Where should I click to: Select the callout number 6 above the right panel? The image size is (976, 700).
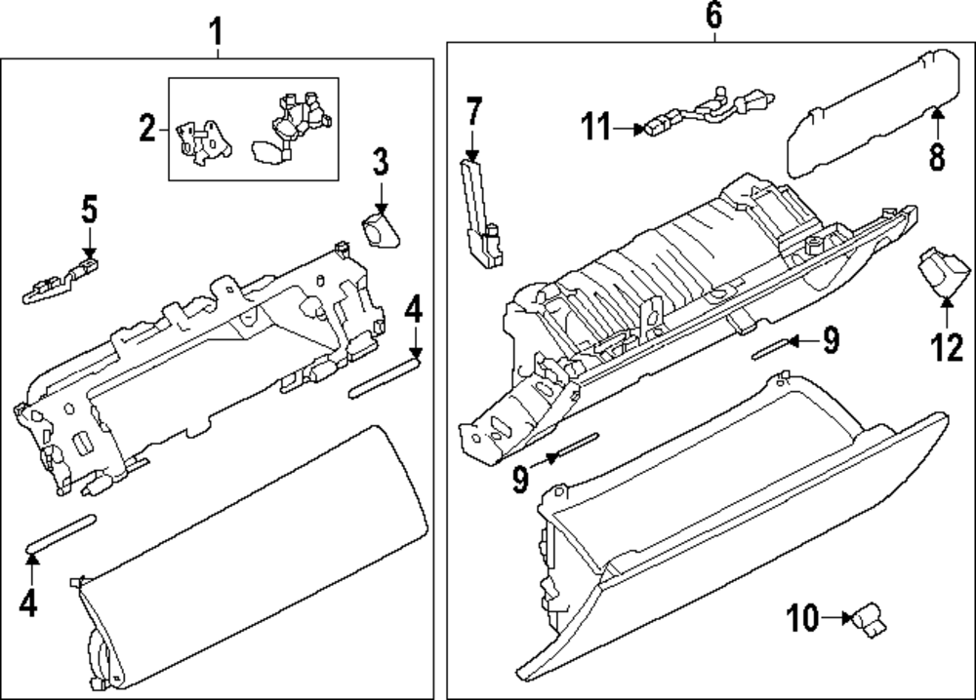pyautogui.click(x=713, y=16)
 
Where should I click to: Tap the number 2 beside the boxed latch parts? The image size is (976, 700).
pyautogui.click(x=146, y=128)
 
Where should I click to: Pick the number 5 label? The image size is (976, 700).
pyautogui.click(x=89, y=210)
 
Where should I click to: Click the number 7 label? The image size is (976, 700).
pyautogui.click(x=473, y=112)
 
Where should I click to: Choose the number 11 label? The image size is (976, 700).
pyautogui.click(x=596, y=126)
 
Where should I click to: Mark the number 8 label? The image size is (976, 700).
pyautogui.click(x=937, y=156)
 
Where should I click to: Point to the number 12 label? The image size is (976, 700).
pyautogui.click(x=946, y=347)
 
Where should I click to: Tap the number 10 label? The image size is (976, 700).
pyautogui.click(x=803, y=617)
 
